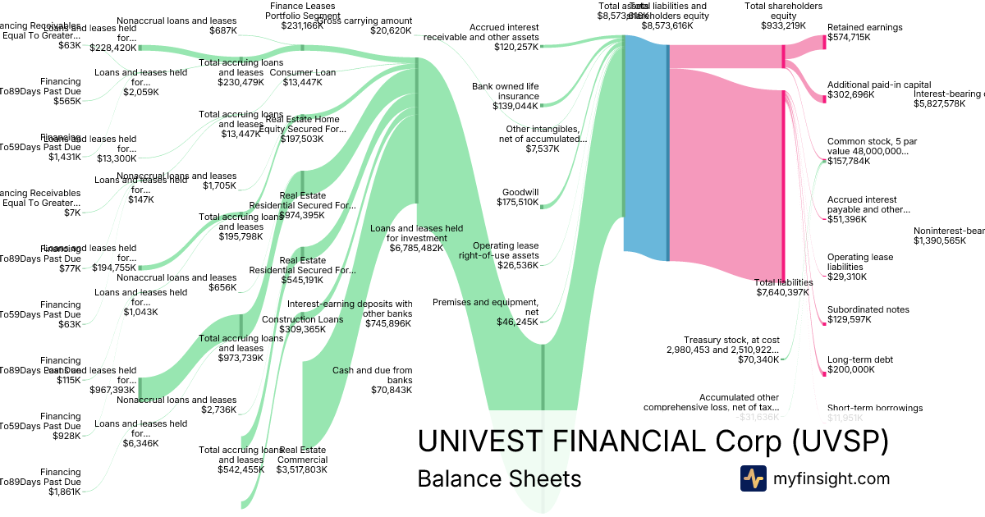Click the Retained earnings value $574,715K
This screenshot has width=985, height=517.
tap(853, 38)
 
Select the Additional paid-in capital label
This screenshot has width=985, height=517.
tap(878, 85)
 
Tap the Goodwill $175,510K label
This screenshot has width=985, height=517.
tap(520, 197)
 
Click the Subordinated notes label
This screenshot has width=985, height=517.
tap(868, 309)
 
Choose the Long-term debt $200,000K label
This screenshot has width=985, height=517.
tap(859, 364)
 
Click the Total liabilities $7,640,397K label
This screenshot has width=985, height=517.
tap(784, 286)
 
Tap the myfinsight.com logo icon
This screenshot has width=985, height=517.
tap(753, 478)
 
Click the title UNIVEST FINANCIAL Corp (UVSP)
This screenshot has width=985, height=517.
tap(653, 442)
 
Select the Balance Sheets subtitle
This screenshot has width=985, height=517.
tap(499, 478)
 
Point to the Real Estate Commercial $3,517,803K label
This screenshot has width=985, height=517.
tap(301, 460)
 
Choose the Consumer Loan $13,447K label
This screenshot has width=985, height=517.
tap(302, 77)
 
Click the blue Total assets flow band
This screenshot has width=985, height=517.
tap(645, 148)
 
